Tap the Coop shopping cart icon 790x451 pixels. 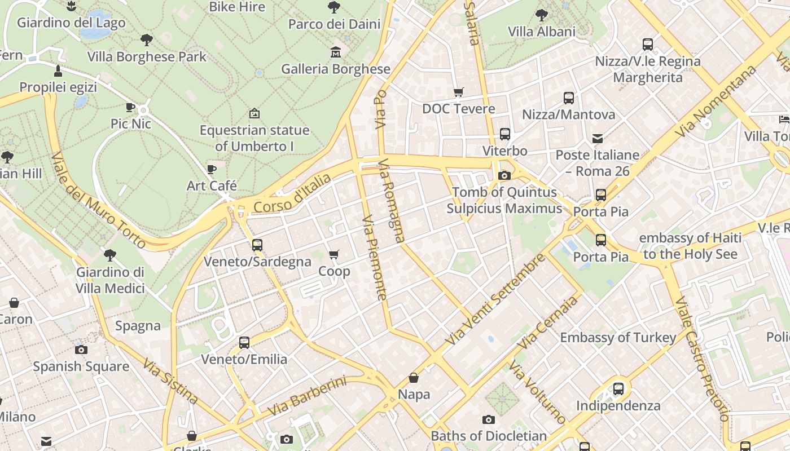pyautogui.click(x=334, y=255)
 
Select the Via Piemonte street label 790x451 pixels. pyautogui.click(x=374, y=258)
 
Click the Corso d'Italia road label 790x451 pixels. pyautogui.click(x=292, y=194)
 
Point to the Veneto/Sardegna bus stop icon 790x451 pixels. pyautogui.click(x=257, y=245)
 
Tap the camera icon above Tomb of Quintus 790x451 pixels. pyautogui.click(x=504, y=175)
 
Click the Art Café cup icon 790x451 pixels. pyautogui.click(x=212, y=169)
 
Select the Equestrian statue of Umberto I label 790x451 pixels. pyautogui.click(x=254, y=138)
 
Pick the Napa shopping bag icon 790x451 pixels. pyautogui.click(x=414, y=378)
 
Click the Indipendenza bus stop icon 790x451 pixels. pyautogui.click(x=618, y=389)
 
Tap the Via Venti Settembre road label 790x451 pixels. pyautogui.click(x=495, y=300)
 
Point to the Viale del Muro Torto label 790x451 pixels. pyautogui.click(x=98, y=200)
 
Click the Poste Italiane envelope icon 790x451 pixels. pyautogui.click(x=598, y=138)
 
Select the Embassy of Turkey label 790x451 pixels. pyautogui.click(x=618, y=338)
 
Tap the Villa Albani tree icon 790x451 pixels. pyautogui.click(x=541, y=15)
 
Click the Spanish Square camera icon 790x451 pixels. pyautogui.click(x=81, y=350)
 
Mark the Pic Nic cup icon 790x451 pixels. pyautogui.click(x=130, y=107)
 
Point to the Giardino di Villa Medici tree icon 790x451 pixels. pyautogui.click(x=110, y=255)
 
